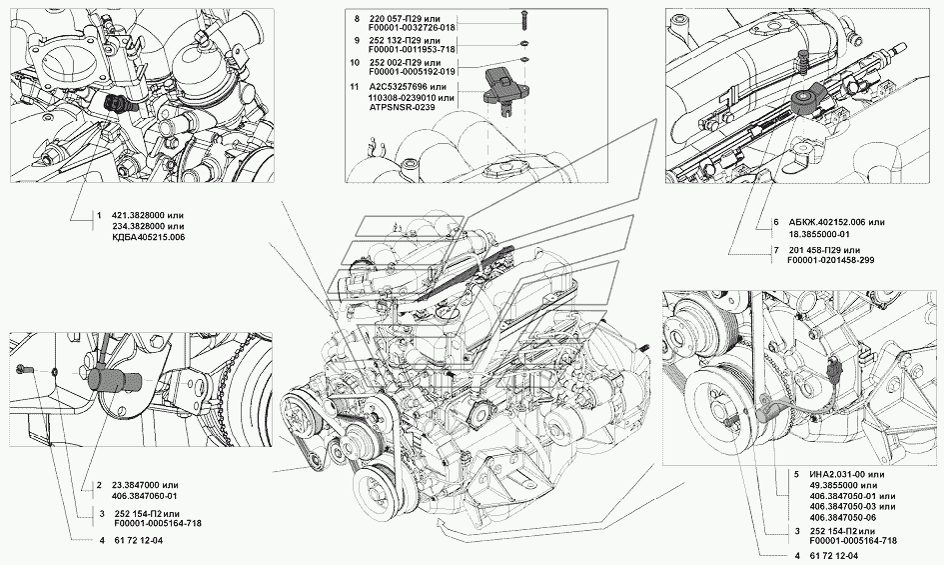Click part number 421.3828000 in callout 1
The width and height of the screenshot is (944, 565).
coord(140,215)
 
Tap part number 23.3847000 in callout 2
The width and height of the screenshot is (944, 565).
coord(138,485)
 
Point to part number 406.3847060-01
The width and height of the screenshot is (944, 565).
coord(145,496)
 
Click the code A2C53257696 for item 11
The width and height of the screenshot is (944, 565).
coord(397,86)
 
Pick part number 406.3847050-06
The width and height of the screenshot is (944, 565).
coord(843,517)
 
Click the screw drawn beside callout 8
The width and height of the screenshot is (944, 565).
coord(522,19)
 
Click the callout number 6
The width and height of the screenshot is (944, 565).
coord(776,222)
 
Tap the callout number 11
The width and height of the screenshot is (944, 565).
coord(354,86)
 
